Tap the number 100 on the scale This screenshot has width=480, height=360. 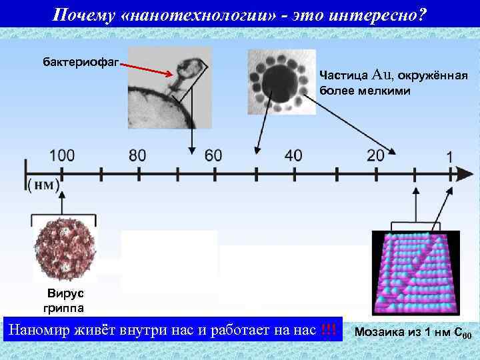pos(62,155)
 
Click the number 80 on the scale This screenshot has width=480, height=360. pos(137,155)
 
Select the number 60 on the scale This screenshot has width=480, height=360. pos(213,155)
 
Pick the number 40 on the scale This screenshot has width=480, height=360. pos(293,155)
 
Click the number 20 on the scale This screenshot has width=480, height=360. pos(375,155)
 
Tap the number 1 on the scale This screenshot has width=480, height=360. pos(450,157)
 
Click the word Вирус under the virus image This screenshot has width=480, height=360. pos(65,295)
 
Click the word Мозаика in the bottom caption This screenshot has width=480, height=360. pos(382,331)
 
